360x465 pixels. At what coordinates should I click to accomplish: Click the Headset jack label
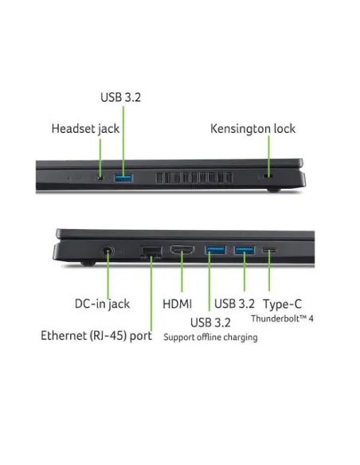(x=85, y=129)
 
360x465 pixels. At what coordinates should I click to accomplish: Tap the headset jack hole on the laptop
(x=100, y=178)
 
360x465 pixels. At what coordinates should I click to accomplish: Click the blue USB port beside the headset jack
(x=123, y=178)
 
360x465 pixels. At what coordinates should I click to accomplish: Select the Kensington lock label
(x=253, y=129)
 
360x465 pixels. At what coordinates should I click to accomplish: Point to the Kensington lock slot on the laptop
(x=269, y=177)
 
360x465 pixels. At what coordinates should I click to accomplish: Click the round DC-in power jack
(x=108, y=252)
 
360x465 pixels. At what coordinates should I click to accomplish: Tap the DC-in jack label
(x=102, y=304)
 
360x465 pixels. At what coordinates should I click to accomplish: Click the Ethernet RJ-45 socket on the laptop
(x=151, y=252)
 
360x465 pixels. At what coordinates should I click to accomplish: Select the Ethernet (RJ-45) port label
(x=96, y=336)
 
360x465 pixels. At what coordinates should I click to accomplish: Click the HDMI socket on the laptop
(x=182, y=250)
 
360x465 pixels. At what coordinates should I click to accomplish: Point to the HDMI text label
(x=178, y=304)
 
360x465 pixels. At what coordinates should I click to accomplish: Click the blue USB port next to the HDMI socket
(x=215, y=250)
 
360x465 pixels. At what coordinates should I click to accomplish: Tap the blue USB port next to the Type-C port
(x=245, y=250)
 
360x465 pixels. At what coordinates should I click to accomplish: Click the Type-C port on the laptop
(x=269, y=250)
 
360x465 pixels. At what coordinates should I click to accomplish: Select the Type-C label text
(x=282, y=304)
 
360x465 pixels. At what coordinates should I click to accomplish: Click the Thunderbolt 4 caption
(x=282, y=318)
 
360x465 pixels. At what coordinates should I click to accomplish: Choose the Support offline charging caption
(x=210, y=337)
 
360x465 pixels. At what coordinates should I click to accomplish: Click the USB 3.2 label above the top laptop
(x=120, y=97)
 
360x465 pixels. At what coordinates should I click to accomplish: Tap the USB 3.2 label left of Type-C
(x=234, y=304)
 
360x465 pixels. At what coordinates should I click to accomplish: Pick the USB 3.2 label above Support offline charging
(x=210, y=322)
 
